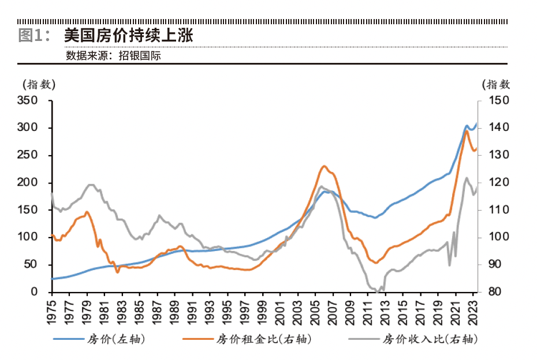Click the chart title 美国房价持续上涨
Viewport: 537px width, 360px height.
[x=128, y=35]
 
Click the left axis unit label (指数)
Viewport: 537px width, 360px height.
[x=39, y=84]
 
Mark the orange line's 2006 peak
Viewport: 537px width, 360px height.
[x=323, y=166]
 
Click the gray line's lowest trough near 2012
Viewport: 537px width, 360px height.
[x=377, y=291]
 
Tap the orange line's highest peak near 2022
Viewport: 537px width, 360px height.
[x=467, y=130]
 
